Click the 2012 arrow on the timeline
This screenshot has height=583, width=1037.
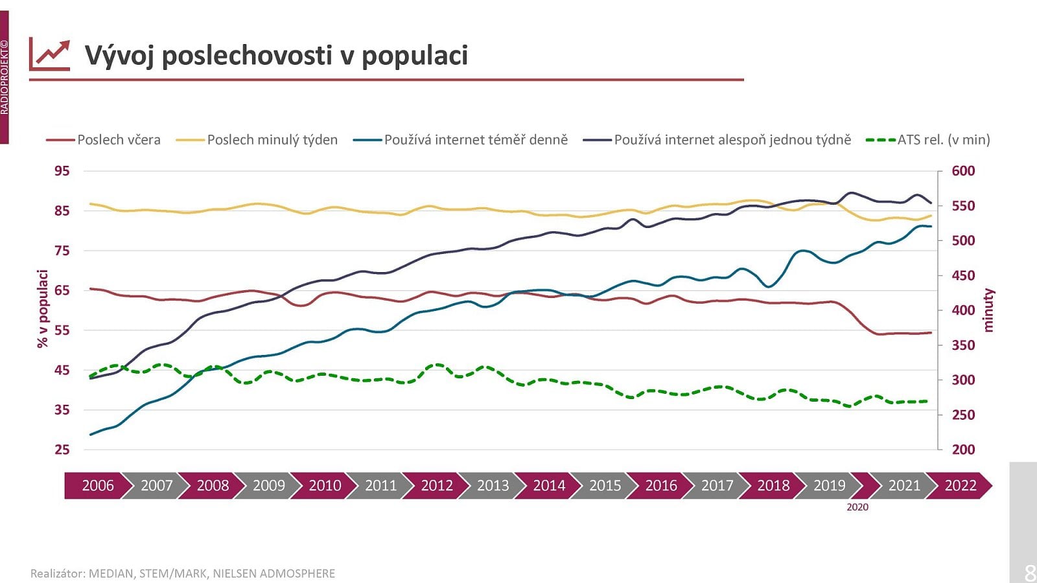tap(437, 486)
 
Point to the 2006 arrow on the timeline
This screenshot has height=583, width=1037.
tap(98, 486)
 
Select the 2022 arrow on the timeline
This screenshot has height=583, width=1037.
tap(960, 486)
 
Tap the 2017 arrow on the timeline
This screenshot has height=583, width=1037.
tap(717, 486)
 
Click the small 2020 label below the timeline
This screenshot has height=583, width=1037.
tap(857, 507)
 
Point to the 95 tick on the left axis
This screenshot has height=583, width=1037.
tap(62, 171)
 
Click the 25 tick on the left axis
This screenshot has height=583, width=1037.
tap(62, 450)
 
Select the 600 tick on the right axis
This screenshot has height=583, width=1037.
tap(963, 171)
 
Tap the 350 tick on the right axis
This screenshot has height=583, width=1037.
tap(963, 345)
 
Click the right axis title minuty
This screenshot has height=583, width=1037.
tap(988, 310)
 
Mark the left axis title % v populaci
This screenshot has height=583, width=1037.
tap(43, 309)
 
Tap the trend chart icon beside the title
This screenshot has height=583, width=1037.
tap(49, 54)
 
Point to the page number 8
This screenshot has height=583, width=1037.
tap(1029, 573)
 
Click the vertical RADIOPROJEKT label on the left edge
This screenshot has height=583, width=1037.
tap(5, 78)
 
